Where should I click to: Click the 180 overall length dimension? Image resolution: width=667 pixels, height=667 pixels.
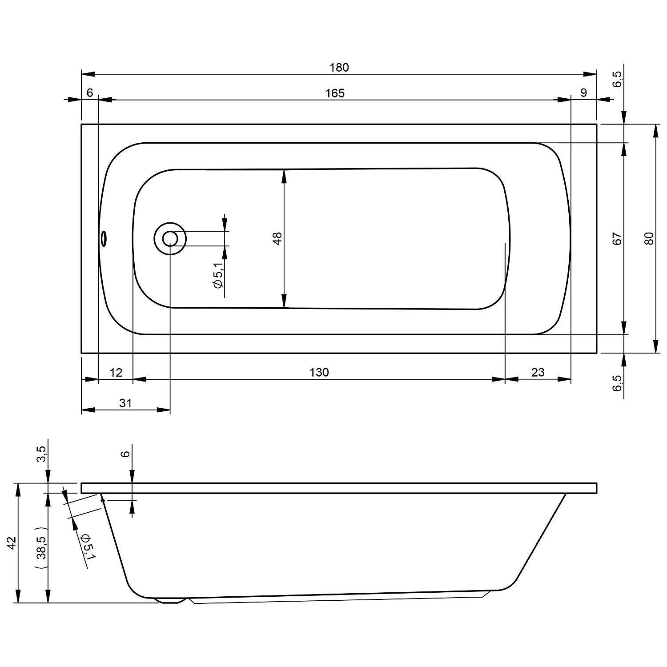339,68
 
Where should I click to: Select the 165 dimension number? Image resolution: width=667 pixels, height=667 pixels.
335,93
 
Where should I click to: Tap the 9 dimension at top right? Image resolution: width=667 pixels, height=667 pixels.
584,92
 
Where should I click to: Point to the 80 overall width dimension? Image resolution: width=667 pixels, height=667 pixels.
649,239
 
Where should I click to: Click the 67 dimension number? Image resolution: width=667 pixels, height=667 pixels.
617,239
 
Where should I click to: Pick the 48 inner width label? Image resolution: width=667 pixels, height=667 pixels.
277,239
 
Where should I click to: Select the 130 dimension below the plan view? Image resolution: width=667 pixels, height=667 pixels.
319,372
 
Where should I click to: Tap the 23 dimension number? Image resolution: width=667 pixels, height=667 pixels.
538,372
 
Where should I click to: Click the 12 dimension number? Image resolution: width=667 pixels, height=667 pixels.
116,372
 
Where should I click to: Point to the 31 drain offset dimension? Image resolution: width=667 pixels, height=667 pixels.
126,403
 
